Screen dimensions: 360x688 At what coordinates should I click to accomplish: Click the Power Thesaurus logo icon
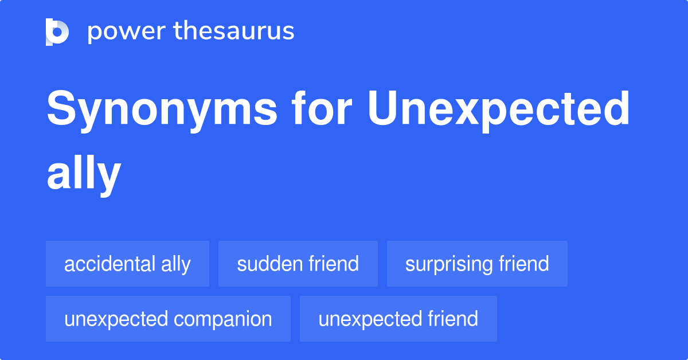[57, 32]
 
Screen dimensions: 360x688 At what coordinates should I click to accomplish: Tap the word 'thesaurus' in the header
[234, 32]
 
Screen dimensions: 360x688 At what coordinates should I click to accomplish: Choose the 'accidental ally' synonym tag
[127, 264]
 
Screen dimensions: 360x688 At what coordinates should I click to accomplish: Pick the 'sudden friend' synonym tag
[298, 264]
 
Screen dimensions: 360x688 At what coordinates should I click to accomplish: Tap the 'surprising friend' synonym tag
[477, 264]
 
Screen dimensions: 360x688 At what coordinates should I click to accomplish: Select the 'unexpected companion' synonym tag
[168, 319]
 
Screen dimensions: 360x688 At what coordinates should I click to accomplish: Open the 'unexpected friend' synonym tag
[398, 319]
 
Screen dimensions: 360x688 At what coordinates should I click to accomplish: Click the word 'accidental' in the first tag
[110, 264]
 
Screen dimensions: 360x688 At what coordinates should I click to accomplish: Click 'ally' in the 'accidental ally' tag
[176, 264]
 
